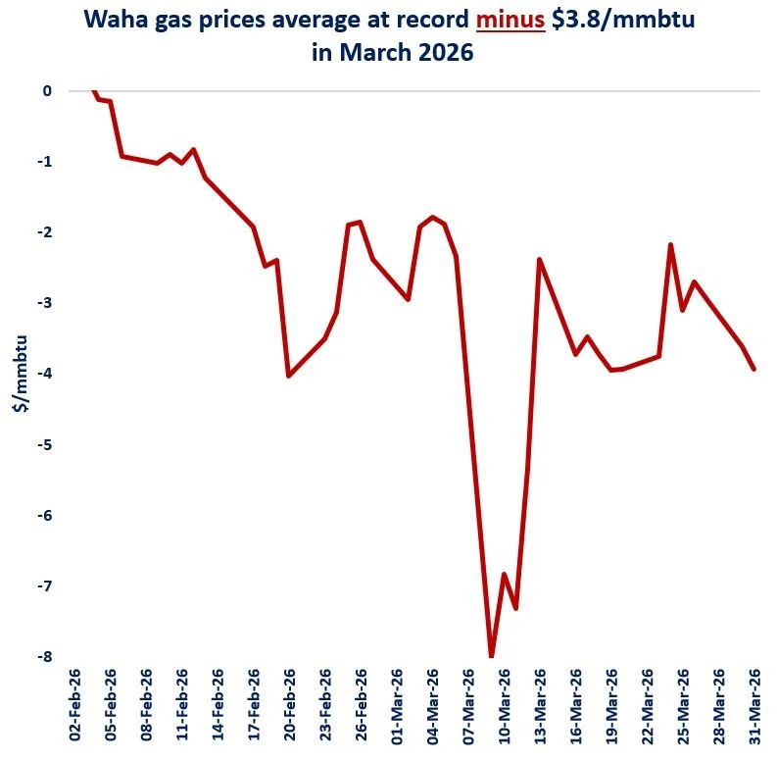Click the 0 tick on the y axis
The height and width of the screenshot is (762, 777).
[x=46, y=91]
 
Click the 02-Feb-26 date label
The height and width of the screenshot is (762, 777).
[x=74, y=706]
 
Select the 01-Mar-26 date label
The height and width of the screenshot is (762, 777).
[x=397, y=706]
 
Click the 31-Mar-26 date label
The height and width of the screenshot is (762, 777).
[x=755, y=706]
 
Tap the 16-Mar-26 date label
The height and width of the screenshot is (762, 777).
[x=576, y=706]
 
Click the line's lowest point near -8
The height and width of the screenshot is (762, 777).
[x=492, y=655]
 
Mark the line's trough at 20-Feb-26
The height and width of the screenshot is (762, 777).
[x=288, y=376]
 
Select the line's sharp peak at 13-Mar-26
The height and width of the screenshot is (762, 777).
[x=540, y=260]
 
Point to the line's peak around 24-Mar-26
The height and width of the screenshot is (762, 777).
[x=670, y=245]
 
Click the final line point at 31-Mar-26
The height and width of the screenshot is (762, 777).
[x=753, y=369]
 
